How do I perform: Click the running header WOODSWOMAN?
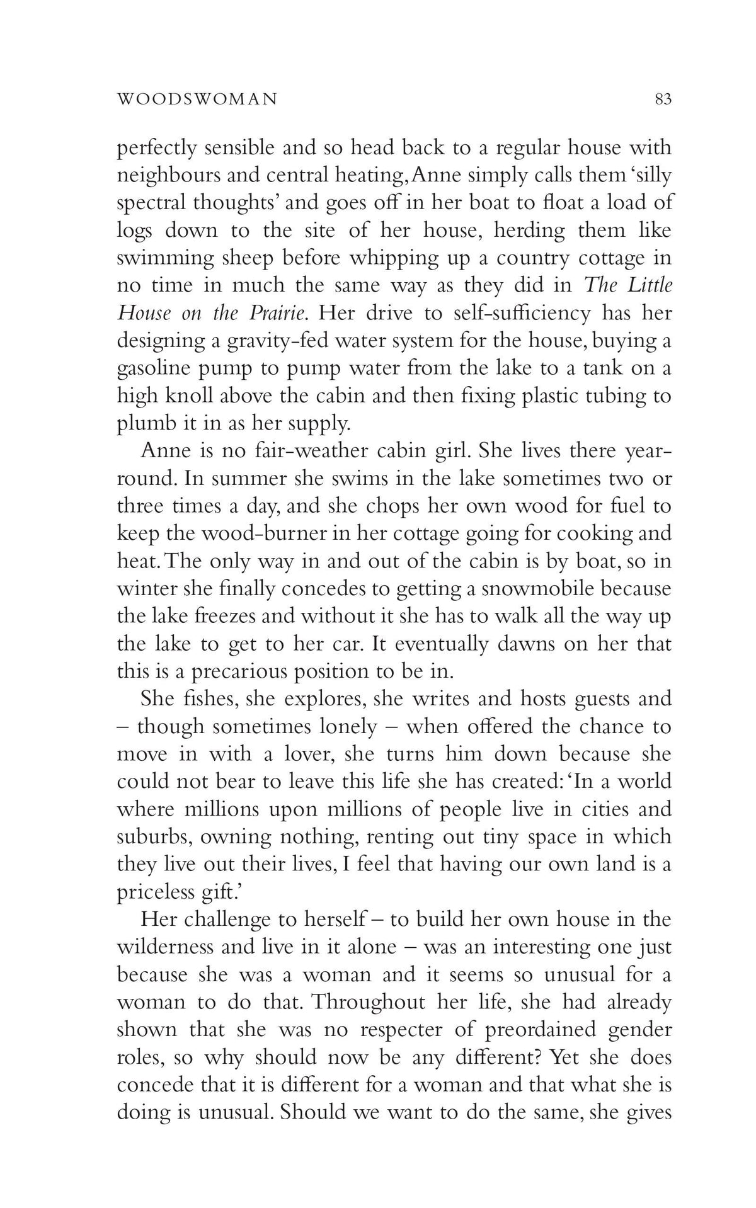click(x=197, y=99)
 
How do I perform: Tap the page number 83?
click(x=663, y=99)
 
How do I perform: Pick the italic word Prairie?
click(x=276, y=313)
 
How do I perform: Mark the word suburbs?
click(x=151, y=837)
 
